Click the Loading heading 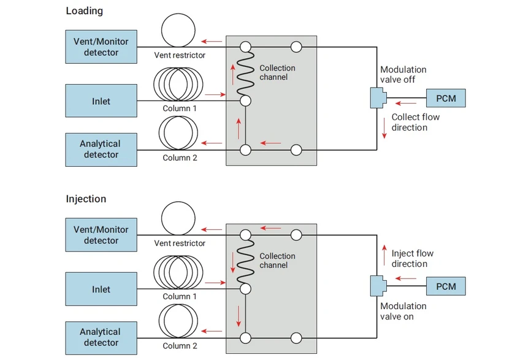[85, 11]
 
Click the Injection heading [86, 199]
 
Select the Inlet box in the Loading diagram [101, 101]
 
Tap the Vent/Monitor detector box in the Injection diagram [101, 235]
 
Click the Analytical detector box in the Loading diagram [101, 149]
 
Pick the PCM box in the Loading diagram [446, 98]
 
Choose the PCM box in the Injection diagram [446, 286]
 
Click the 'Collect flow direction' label [415, 122]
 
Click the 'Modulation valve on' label [403, 311]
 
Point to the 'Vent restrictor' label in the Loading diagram [179, 55]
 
